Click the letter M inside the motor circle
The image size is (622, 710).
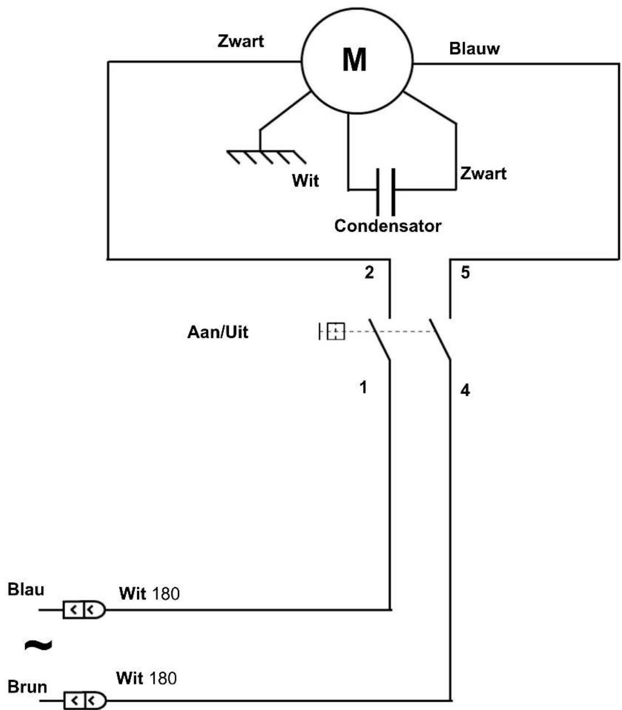coord(354,60)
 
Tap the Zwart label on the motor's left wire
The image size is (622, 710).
coord(240,41)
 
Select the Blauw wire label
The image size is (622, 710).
coord(474,49)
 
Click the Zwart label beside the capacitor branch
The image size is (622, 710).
coord(483,174)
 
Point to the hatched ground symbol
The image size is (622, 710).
coord(266,157)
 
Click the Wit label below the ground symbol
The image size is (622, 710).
coord(305,181)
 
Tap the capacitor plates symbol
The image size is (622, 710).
coord(386,192)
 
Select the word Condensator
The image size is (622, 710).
coord(388,226)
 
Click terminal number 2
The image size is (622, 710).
coord(369,273)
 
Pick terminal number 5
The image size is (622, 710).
coord(465,273)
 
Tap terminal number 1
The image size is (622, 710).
coord(363,388)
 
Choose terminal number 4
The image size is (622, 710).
coord(465,391)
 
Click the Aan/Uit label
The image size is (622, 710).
coord(218,332)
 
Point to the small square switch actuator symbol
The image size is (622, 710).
coord(335,331)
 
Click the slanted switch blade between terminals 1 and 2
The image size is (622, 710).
coord(379,339)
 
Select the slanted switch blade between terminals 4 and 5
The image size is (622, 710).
coord(440,339)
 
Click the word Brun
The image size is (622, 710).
coord(27,687)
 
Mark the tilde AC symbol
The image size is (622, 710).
coord(38,644)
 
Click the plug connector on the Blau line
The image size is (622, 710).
coord(84,610)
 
